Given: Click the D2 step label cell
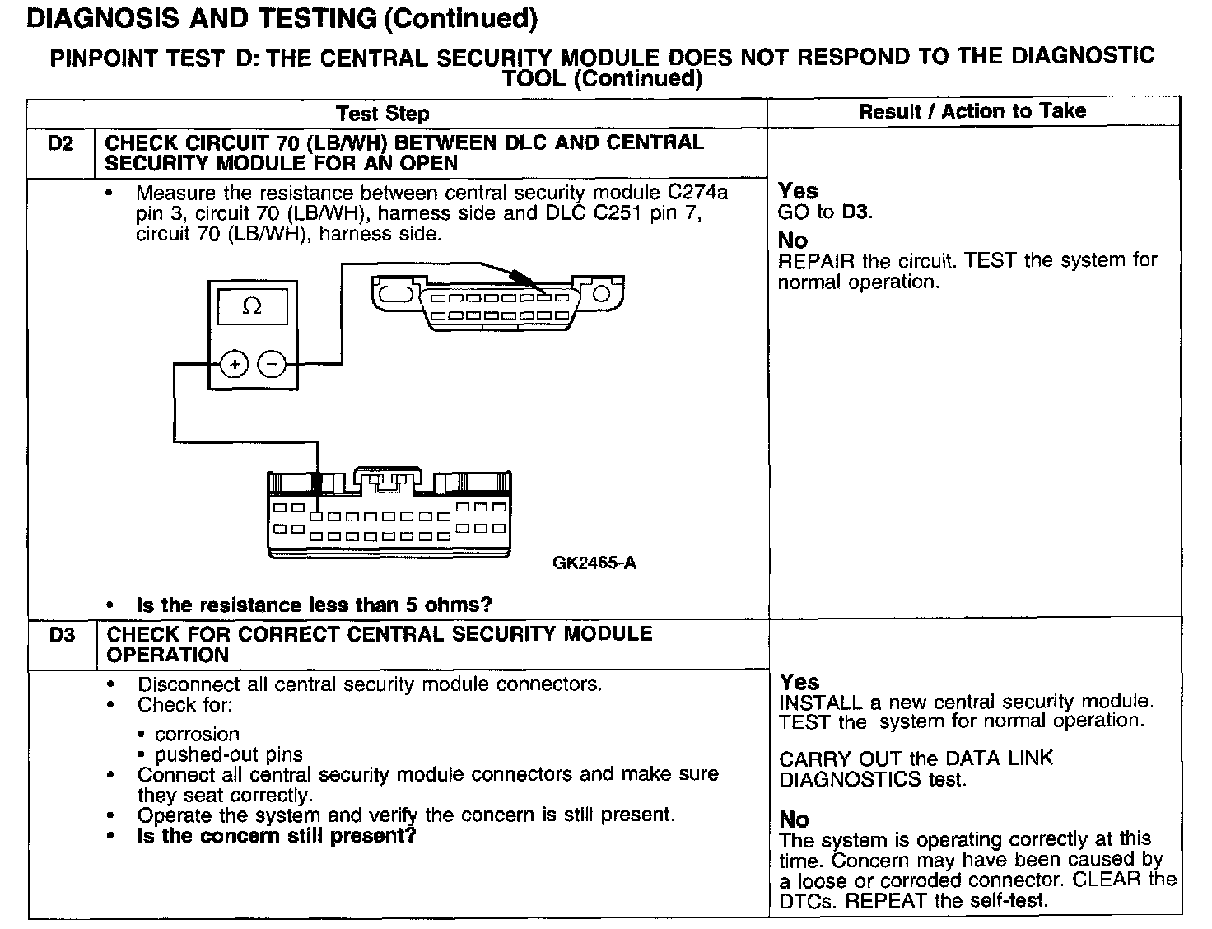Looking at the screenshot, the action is pos(61,144).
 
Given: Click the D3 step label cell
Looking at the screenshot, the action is pos(62,636).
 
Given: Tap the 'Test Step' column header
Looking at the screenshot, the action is pos(383,114).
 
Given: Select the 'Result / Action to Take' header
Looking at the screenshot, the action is pos(972,111).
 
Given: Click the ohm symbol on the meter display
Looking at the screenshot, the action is pos(252,307).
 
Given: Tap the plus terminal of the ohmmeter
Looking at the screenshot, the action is pos(235,363).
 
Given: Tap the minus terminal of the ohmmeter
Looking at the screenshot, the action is pos(273,363).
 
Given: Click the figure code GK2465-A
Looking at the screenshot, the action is pos(594,563).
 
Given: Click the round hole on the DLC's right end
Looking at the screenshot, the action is pos(602,293).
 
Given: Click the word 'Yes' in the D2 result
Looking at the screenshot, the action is pos(798,191).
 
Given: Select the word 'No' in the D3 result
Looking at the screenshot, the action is pos(795,819).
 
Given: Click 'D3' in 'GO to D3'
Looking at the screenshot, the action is pos(855,212).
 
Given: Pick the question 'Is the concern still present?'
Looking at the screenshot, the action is pos(277,836).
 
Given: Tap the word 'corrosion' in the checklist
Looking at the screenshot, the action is pos(198,734).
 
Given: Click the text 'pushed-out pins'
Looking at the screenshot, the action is pos(229,754).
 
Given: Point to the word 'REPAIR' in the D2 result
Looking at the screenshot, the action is pos(816,262).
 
